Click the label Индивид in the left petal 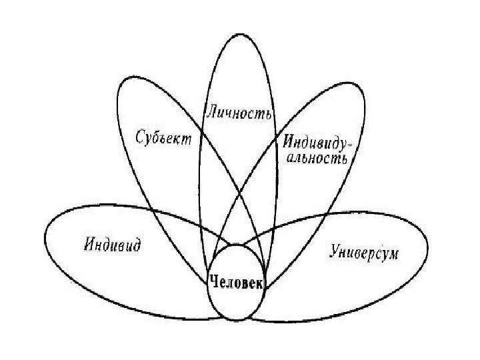click(x=112, y=245)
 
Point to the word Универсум click(x=363, y=251)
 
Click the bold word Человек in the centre click(x=237, y=282)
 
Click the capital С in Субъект click(x=140, y=141)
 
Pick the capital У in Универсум click(x=334, y=251)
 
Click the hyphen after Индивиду click(x=351, y=142)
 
